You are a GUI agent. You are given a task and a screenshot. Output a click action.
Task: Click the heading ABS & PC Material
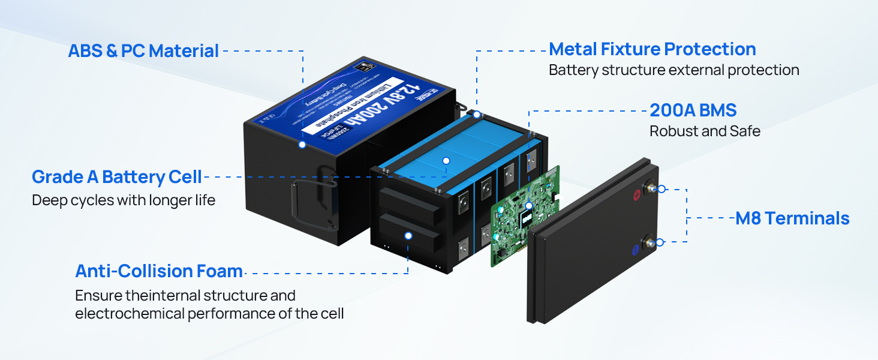click(x=143, y=50)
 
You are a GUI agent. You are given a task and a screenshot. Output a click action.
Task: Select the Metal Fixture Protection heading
click(x=652, y=49)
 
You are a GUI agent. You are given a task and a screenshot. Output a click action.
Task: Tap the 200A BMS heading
click(x=693, y=110)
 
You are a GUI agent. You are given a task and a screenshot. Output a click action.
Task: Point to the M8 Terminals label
click(x=792, y=218)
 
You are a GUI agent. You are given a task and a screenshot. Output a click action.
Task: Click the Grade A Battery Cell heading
click(x=116, y=177)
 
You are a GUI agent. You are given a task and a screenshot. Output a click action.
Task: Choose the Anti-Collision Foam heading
click(x=158, y=271)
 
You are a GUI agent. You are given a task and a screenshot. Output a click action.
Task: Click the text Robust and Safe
click(x=705, y=131)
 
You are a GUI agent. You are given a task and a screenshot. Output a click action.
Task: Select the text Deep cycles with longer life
click(x=123, y=200)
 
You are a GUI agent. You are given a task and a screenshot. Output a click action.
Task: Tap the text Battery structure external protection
click(x=673, y=70)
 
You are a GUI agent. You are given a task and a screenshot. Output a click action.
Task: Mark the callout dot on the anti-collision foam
click(x=408, y=236)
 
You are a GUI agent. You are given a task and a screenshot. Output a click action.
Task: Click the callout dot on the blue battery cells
click(x=446, y=160)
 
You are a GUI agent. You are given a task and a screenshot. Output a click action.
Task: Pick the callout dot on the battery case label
click(x=302, y=145)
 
